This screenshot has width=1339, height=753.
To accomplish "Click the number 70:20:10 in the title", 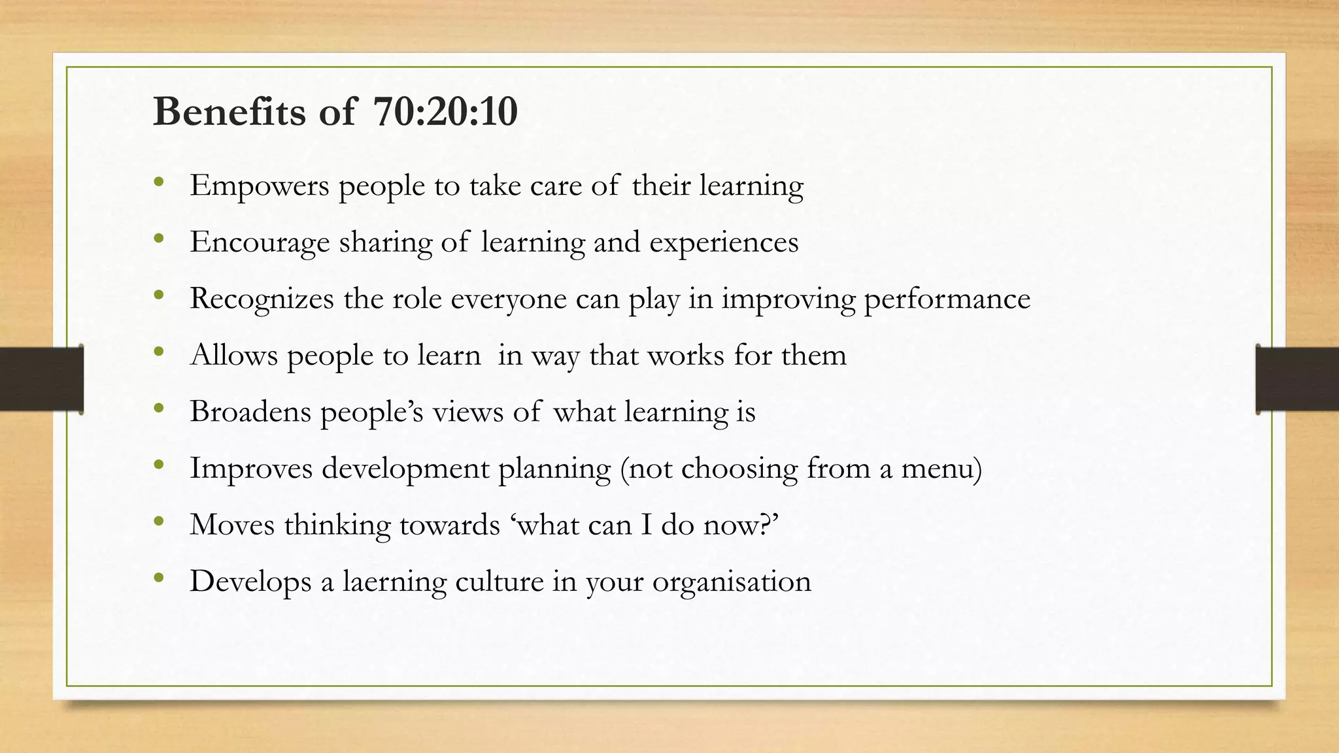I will click(x=446, y=112).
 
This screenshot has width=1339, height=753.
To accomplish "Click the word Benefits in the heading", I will click(x=229, y=112).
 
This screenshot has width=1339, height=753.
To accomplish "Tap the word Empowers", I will click(x=260, y=186).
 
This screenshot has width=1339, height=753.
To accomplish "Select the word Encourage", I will click(x=260, y=243).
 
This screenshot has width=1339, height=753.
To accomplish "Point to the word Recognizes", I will click(x=262, y=299).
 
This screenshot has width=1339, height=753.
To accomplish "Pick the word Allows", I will click(x=233, y=355).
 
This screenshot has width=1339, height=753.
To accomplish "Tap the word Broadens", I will click(x=250, y=412).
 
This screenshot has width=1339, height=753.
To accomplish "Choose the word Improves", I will click(x=251, y=469).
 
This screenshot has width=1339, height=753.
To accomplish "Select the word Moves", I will click(x=231, y=525).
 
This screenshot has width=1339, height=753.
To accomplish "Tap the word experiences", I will click(x=724, y=243).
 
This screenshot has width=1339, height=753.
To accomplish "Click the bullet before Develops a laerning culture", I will click(x=158, y=578).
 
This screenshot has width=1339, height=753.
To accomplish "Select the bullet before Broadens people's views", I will click(x=158, y=409).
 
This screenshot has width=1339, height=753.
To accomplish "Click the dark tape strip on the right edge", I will click(x=1297, y=379).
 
